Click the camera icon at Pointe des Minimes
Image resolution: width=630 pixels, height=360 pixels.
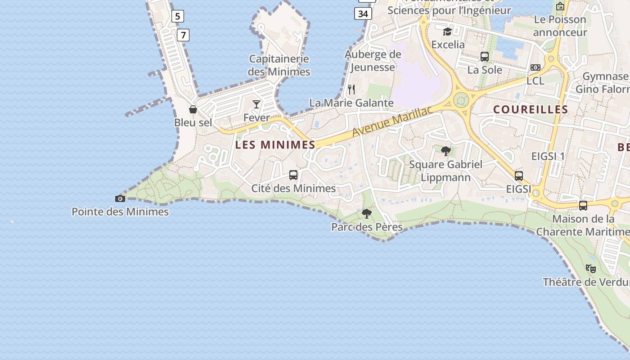120,198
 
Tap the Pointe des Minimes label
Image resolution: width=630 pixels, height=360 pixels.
120,211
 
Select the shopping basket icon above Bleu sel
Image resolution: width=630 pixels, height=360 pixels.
193,109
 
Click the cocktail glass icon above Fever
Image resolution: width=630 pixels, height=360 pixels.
256,104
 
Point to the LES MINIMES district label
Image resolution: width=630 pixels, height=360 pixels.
275,145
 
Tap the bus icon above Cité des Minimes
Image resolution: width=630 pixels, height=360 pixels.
293,175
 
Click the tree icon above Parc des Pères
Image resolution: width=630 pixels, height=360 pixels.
367,214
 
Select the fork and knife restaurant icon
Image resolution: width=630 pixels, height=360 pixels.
351,90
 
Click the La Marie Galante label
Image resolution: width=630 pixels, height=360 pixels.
351,103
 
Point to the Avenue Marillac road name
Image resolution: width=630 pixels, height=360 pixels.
392,121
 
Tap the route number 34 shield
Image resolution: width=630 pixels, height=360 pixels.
363,14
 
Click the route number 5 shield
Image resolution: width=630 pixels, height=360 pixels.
177,17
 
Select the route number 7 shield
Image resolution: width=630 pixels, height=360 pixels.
183,35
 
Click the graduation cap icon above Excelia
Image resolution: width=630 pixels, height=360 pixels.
447,31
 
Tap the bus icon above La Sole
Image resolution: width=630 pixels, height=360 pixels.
485,57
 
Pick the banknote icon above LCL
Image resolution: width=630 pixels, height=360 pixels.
535,67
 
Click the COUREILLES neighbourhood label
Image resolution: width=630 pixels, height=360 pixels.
531,109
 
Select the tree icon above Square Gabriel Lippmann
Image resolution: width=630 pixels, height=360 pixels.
446,151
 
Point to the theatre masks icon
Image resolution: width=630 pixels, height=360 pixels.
591,269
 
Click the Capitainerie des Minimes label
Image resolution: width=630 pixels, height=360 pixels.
279,65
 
